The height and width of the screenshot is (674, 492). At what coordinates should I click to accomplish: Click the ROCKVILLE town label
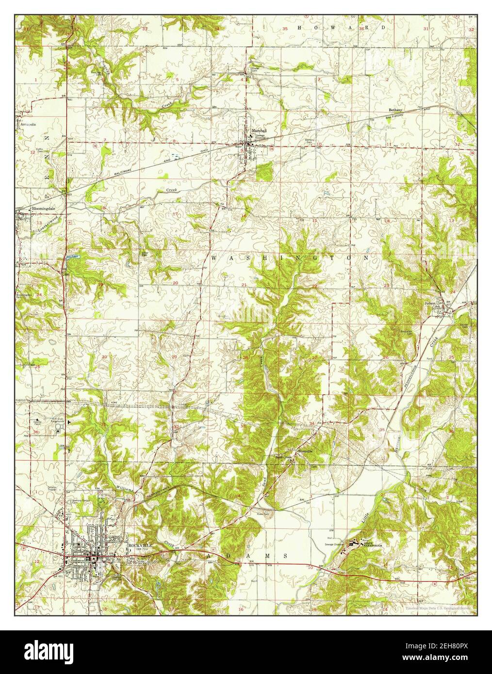point(140,545)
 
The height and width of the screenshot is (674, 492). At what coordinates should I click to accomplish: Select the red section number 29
point(174,357)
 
